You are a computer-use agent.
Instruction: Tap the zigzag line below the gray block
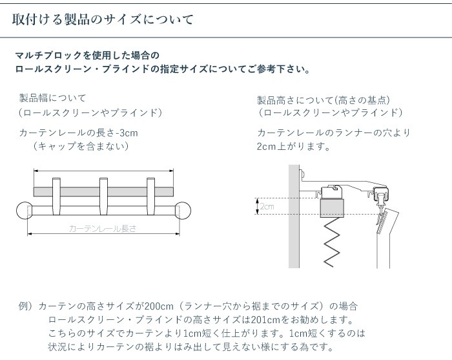[332, 242]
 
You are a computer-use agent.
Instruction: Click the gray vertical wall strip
[294, 220]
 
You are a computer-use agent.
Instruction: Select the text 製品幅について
[52, 98]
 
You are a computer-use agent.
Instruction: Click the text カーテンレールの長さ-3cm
[79, 132]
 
